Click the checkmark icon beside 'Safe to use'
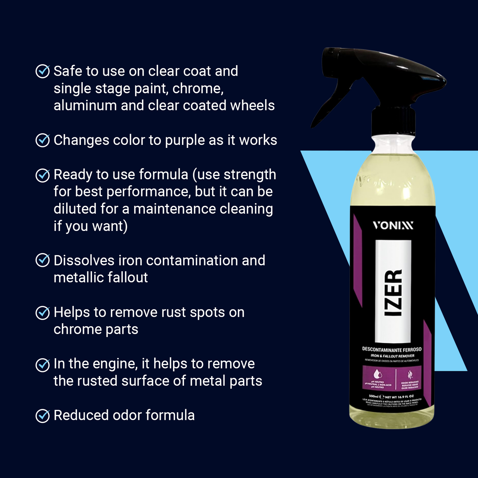[43, 71]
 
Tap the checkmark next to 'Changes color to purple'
[43, 140]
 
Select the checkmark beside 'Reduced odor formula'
[43, 415]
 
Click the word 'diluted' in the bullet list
[75, 209]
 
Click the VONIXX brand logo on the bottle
[393, 226]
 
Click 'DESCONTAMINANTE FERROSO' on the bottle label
[392, 349]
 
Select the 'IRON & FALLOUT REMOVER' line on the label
[392, 356]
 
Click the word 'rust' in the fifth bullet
[174, 313]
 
